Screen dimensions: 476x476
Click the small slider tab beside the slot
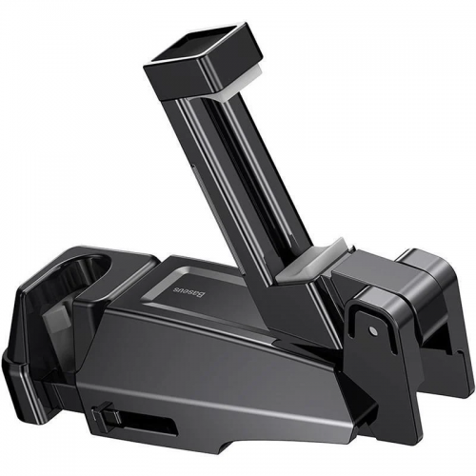tap(104, 416)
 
